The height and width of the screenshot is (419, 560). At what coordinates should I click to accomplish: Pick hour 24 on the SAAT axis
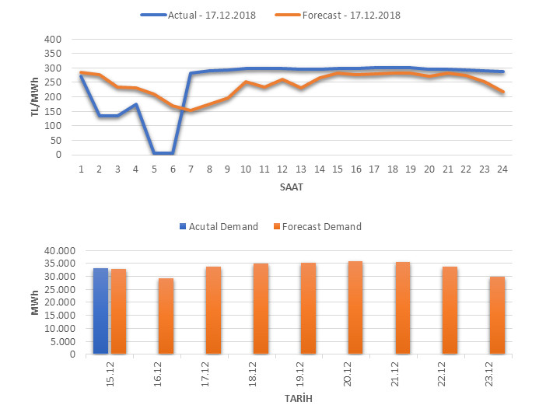502,168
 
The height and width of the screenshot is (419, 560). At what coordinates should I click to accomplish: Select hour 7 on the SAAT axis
191,168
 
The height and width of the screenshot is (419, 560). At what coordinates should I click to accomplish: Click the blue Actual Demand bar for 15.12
100,311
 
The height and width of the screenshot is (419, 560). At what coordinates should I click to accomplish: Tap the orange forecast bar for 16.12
166,316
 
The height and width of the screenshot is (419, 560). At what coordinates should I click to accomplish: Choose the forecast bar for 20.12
355,308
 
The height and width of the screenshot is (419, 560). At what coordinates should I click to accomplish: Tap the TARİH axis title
292,399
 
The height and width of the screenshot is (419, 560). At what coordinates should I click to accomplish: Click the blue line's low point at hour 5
154,153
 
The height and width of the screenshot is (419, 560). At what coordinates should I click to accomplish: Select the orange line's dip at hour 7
191,110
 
